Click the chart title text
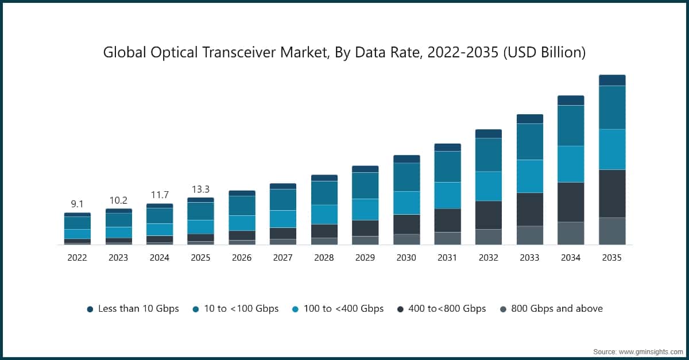click(x=344, y=53)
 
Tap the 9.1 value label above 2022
click(x=77, y=204)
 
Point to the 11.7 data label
click(x=159, y=195)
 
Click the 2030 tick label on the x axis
click(x=406, y=258)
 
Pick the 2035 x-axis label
click(x=612, y=258)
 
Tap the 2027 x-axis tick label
click(x=282, y=258)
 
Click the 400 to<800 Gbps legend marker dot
click(x=400, y=309)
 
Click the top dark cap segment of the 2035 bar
click(x=612, y=80)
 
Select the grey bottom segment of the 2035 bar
click(x=612, y=231)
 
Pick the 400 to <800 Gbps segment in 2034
click(x=571, y=202)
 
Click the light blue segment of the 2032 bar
click(x=488, y=186)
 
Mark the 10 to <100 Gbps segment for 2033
click(x=529, y=141)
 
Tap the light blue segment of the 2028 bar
click(x=324, y=214)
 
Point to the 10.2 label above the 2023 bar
click(x=118, y=200)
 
